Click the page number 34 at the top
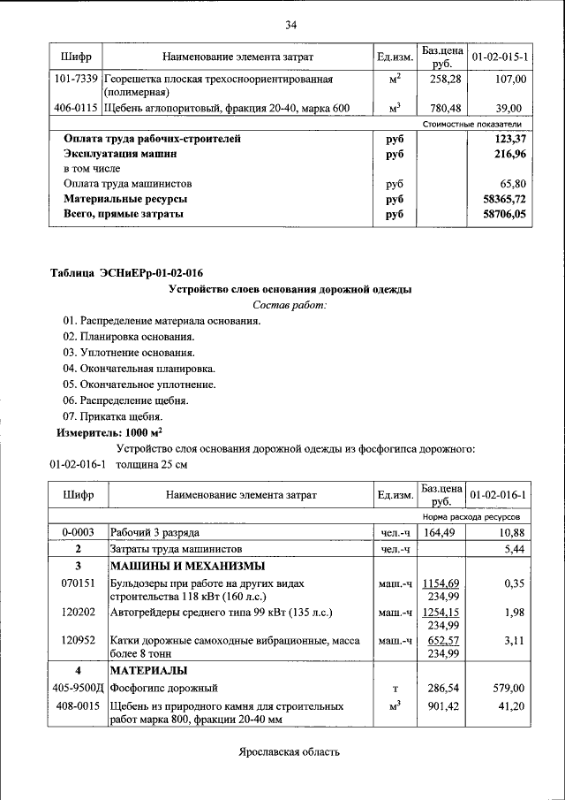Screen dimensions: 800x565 (290, 24)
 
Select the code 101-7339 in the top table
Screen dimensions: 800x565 (76, 80)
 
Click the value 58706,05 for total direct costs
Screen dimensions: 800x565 (504, 215)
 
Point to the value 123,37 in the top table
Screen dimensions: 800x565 (510, 139)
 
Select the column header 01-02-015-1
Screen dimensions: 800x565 (500, 57)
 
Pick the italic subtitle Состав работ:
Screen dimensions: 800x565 (290, 305)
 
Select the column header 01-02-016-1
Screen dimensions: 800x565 (500, 495)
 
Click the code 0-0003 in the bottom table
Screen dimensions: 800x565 (78, 533)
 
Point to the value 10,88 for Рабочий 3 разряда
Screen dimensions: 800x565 (512, 533)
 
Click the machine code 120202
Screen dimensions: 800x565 (78, 612)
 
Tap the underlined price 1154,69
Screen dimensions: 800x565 (442, 584)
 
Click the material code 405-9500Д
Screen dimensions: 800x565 (78, 687)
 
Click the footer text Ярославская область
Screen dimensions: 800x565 (289, 752)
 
